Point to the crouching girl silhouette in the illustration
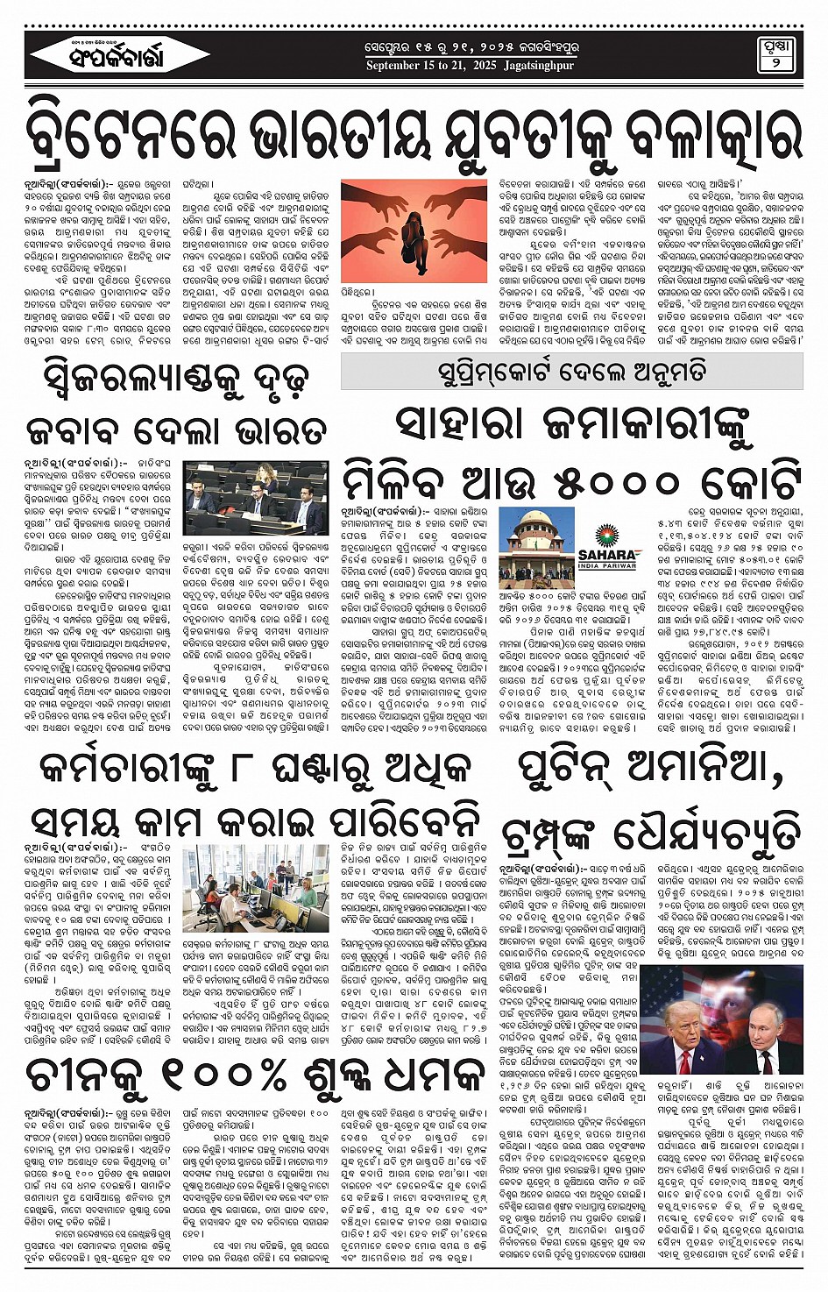click(408, 232)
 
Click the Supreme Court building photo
click(534, 547)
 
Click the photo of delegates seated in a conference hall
click(256, 499)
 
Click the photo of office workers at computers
click(256, 888)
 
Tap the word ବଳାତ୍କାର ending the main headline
click(702, 136)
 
